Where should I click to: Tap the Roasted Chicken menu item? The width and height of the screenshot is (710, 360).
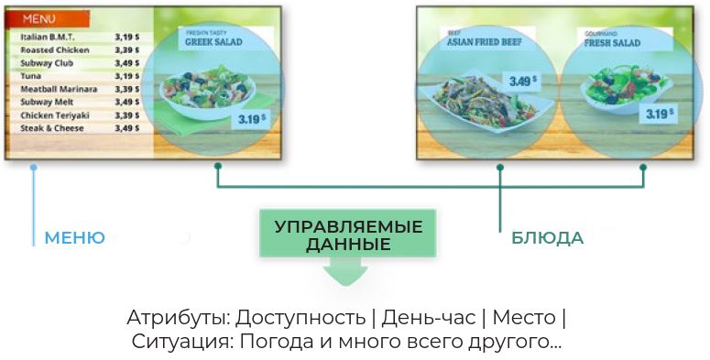click(54, 49)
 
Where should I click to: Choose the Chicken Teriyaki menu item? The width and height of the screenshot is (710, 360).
click(54, 115)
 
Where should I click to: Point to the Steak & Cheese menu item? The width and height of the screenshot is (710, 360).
click(51, 128)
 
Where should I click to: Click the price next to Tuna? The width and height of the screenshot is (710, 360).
click(126, 76)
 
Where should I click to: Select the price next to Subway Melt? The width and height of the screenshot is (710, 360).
click(126, 103)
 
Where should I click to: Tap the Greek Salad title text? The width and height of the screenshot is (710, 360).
click(213, 40)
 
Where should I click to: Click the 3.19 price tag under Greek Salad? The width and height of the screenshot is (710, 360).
click(250, 118)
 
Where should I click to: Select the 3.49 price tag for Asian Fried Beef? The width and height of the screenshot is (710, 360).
click(522, 81)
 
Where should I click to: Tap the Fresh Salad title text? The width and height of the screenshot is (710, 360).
click(611, 42)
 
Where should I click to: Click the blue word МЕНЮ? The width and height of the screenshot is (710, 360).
click(74, 238)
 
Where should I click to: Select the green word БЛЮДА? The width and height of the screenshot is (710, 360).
click(547, 238)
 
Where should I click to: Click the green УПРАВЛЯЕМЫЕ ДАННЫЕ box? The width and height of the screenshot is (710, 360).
click(348, 235)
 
